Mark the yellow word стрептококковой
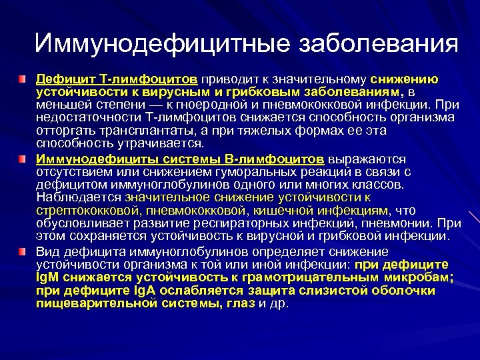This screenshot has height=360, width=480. tap(78, 210)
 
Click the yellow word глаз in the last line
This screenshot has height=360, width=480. tap(243, 303)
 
